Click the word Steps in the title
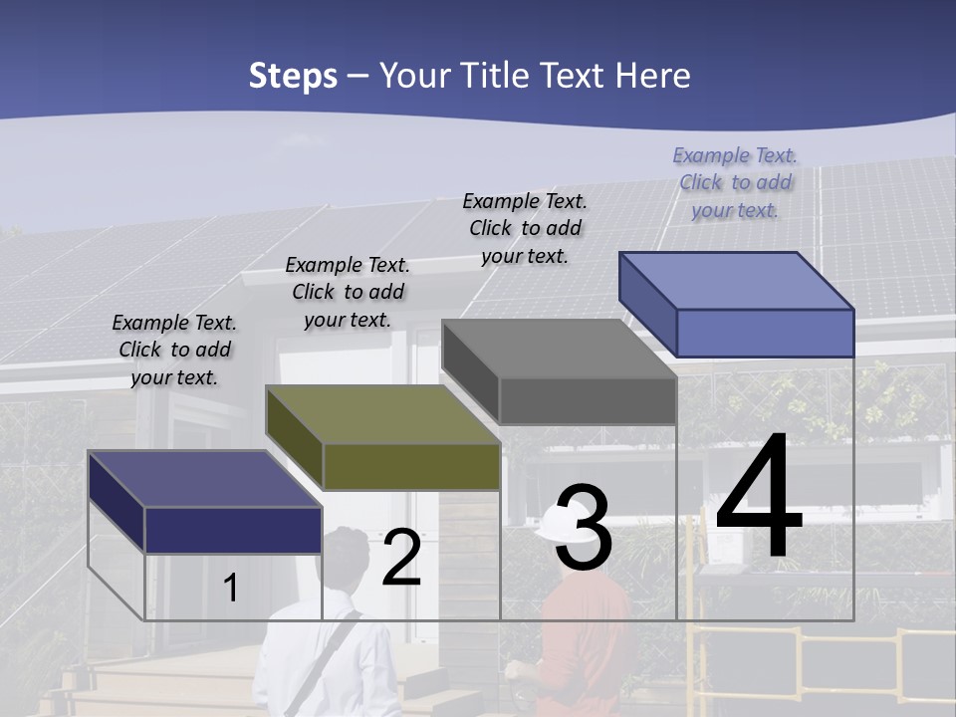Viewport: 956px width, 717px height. click(293, 76)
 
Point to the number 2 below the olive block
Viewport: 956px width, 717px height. click(401, 558)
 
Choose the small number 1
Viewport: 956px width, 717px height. click(230, 588)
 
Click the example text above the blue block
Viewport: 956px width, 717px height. click(735, 182)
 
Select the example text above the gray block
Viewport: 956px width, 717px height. click(525, 228)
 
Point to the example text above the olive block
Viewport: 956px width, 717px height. click(348, 292)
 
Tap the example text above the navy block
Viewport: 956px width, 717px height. click(174, 350)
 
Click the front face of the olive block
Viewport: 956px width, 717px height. click(411, 466)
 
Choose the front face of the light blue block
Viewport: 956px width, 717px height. click(765, 333)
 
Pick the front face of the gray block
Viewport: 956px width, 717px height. click(588, 400)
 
